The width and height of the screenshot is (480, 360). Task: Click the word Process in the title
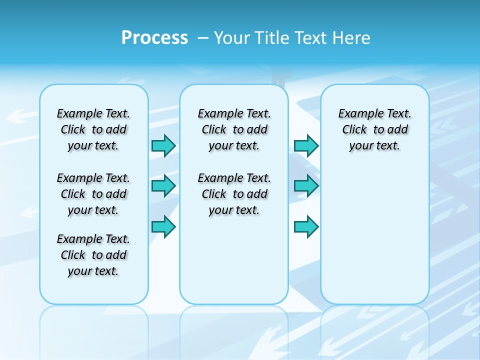154,37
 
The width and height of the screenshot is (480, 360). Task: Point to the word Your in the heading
232,37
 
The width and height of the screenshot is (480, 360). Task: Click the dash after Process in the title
202,38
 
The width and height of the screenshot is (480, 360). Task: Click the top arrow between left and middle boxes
163,145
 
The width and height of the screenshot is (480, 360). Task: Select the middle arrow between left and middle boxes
163,186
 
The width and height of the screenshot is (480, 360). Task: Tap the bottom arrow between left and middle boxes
163,227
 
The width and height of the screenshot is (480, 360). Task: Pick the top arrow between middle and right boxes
306,145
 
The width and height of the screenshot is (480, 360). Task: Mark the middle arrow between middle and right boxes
306,186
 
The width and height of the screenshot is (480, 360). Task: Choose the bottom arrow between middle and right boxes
306,227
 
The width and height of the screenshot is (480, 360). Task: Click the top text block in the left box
93,129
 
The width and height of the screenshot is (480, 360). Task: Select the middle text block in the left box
93,194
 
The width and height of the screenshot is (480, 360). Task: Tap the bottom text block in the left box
93,255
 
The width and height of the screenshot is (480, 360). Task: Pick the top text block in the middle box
234,129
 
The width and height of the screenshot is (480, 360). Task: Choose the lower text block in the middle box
234,194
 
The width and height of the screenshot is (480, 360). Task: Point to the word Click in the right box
354,129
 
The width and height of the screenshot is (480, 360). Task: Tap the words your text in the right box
374,146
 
